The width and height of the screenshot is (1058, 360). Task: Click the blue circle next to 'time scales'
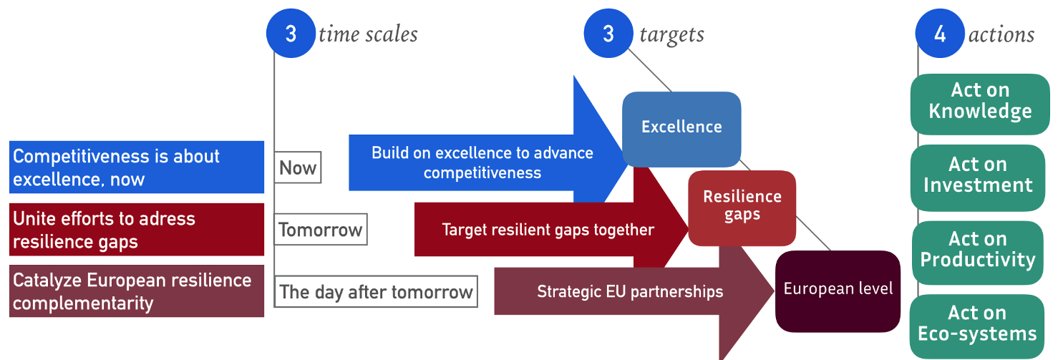pyautogui.click(x=291, y=34)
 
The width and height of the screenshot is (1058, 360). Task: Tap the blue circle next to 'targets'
pyautogui.click(x=608, y=34)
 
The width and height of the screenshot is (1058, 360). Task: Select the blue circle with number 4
pyautogui.click(x=940, y=34)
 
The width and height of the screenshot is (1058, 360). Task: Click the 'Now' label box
pyautogui.click(x=298, y=168)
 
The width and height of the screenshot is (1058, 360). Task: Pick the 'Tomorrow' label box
pyautogui.click(x=320, y=230)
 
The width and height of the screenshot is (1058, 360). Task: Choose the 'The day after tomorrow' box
pyautogui.click(x=376, y=292)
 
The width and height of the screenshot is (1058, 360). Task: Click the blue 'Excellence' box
pyautogui.click(x=681, y=127)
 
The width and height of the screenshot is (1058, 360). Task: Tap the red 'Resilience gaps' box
pyautogui.click(x=742, y=206)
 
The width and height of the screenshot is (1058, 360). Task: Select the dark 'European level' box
pyautogui.click(x=838, y=290)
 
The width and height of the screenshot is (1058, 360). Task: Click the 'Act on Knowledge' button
pyautogui.click(x=980, y=102)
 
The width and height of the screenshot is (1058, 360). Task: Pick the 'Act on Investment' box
pyautogui.click(x=978, y=175)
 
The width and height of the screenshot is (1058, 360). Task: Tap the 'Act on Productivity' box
pyautogui.click(x=978, y=250)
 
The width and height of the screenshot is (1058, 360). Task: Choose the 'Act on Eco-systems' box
pyautogui.click(x=977, y=324)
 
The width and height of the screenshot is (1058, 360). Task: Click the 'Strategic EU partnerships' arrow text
pyautogui.click(x=630, y=292)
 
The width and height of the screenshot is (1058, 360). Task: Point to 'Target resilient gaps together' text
pyautogui.click(x=548, y=230)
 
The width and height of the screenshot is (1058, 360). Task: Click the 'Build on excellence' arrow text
pyautogui.click(x=482, y=162)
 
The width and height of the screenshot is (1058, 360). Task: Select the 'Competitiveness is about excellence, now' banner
pyautogui.click(x=137, y=167)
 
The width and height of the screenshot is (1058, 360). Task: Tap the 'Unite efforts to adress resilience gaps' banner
pyautogui.click(x=137, y=230)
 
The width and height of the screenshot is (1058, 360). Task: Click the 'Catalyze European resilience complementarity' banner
pyautogui.click(x=137, y=291)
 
